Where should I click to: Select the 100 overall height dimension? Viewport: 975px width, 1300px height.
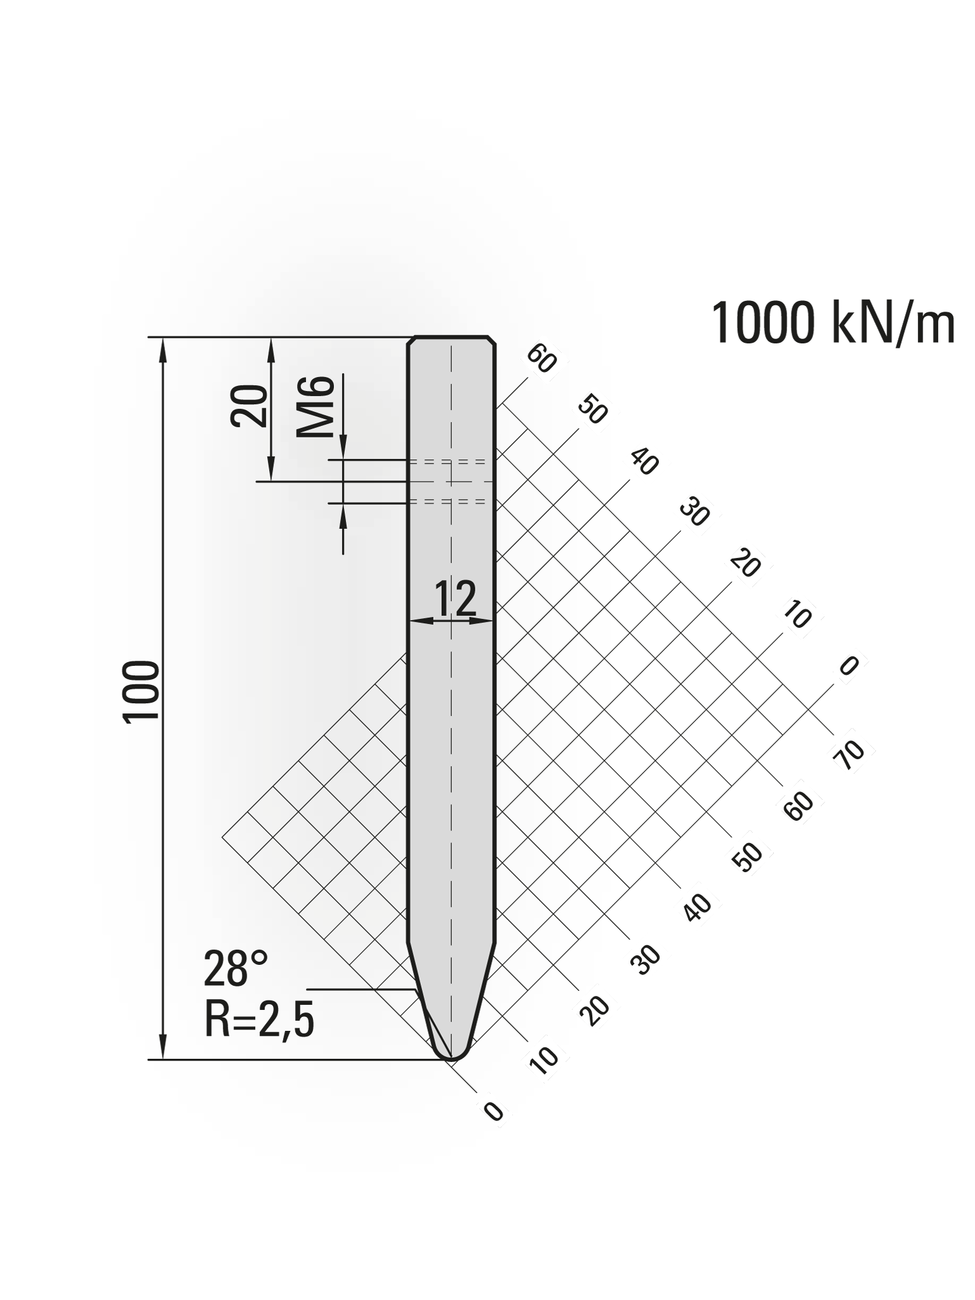pos(141,691)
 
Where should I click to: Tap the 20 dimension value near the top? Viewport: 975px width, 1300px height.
pos(249,406)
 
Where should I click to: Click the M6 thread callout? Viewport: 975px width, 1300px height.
pos(315,407)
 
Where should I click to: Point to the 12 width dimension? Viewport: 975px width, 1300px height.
pos(455,599)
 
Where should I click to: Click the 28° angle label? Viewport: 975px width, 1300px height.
pos(235,969)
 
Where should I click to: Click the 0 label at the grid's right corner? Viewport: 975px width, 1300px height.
pos(849,666)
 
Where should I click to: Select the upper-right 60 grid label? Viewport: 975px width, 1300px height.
pos(541,359)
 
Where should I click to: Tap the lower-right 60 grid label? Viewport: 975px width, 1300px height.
pos(800,807)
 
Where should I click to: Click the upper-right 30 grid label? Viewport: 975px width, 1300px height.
pos(694,513)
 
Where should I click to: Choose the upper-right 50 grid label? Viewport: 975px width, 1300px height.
pos(593,411)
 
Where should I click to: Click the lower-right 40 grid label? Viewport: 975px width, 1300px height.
pos(698,907)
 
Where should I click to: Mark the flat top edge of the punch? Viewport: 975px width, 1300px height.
pos(451,336)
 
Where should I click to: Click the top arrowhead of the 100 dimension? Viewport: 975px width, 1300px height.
pos(163,348)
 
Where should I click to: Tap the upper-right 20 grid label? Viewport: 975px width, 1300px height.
pos(745,564)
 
